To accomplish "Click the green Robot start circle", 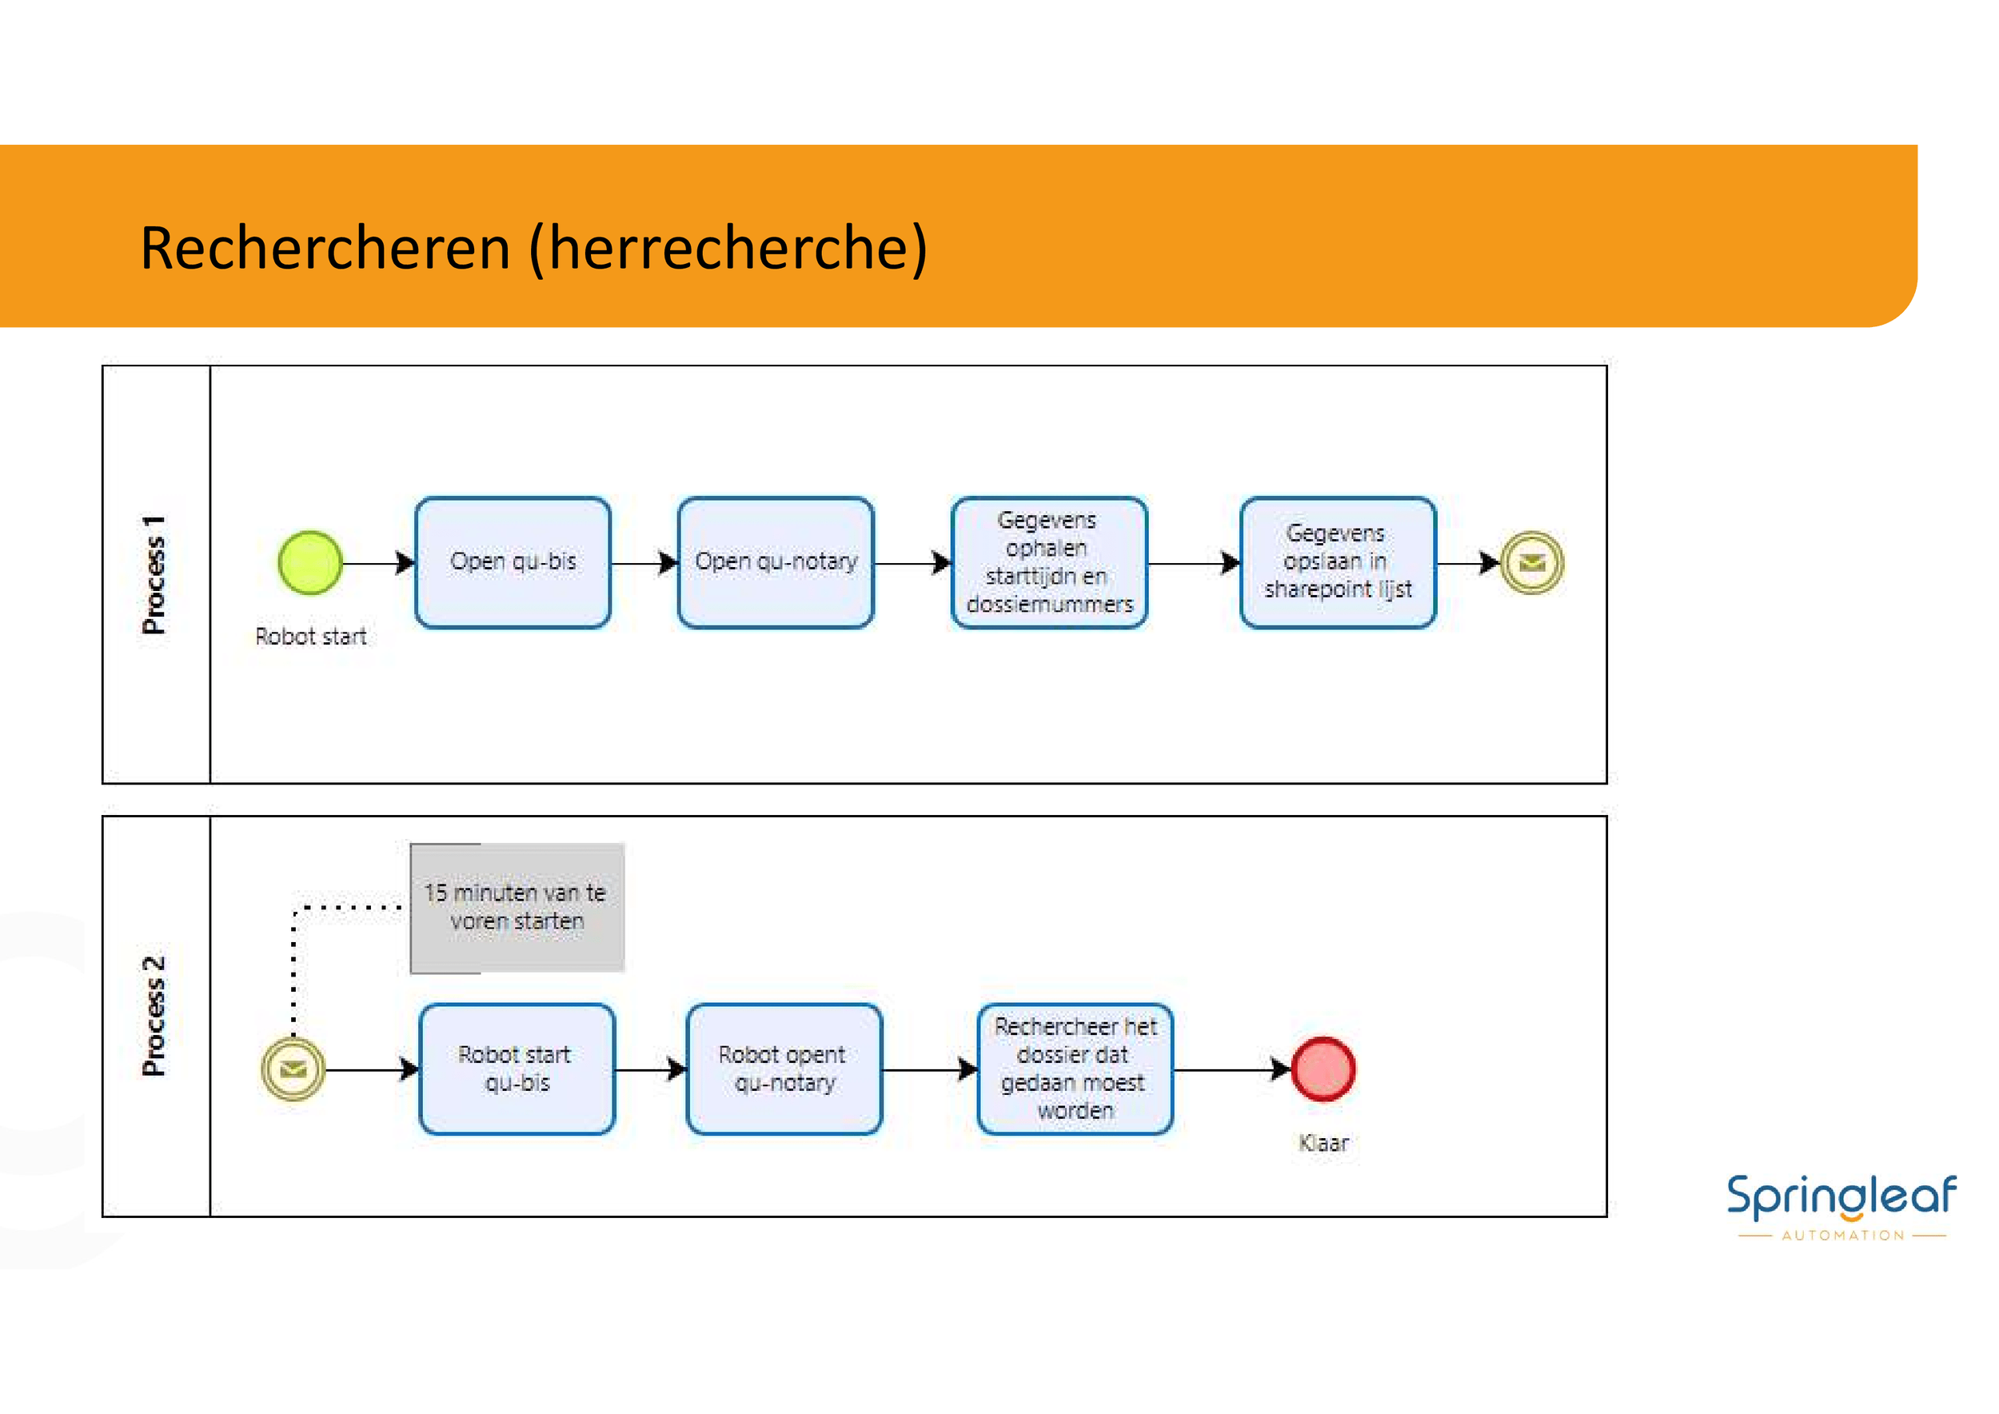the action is [x=310, y=563].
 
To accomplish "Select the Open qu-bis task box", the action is [x=513, y=562].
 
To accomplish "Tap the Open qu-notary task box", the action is [x=776, y=562].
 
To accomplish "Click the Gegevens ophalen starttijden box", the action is [x=1049, y=562].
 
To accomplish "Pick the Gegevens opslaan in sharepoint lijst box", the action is [x=1339, y=562].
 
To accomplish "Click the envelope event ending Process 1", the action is [x=1532, y=563].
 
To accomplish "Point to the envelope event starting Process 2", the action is [x=293, y=1069].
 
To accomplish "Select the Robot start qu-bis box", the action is [x=517, y=1069].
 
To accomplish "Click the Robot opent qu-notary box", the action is [x=784, y=1069].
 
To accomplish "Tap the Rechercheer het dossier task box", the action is [x=1075, y=1069].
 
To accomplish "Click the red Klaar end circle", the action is [x=1323, y=1069].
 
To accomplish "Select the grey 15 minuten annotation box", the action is [x=517, y=907].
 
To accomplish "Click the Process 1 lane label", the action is [x=154, y=575].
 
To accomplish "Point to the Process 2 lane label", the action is [x=154, y=1016].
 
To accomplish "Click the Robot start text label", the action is [x=311, y=637].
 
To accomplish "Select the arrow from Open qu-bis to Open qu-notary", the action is [x=644, y=563].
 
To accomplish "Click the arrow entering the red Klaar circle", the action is [x=1232, y=1069].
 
